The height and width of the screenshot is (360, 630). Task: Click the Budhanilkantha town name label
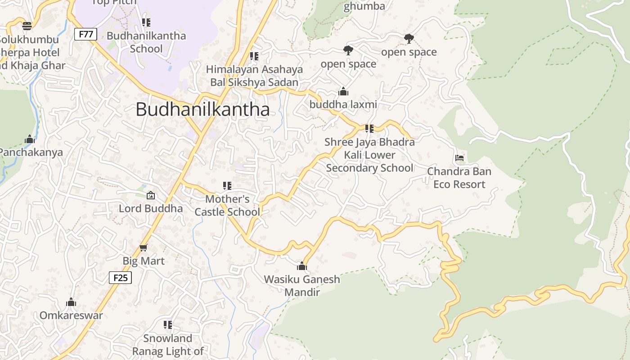click(x=202, y=109)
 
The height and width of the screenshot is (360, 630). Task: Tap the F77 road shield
click(x=85, y=34)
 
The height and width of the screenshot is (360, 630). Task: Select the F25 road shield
click(x=121, y=278)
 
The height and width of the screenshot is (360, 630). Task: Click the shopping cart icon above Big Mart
click(x=144, y=247)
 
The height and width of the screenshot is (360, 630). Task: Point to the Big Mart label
click(x=144, y=261)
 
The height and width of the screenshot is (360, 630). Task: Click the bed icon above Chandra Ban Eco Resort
click(x=459, y=158)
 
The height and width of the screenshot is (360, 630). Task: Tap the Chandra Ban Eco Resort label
click(x=459, y=178)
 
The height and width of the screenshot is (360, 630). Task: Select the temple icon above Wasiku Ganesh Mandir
click(x=302, y=266)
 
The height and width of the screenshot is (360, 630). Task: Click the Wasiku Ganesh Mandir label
click(x=302, y=285)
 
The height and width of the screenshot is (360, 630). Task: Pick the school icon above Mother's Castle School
click(x=227, y=185)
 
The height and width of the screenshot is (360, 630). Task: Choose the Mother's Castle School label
click(x=227, y=205)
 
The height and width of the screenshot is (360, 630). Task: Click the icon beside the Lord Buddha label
click(x=151, y=195)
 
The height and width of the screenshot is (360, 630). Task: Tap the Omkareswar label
click(x=71, y=315)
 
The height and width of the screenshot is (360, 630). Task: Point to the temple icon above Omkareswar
click(x=71, y=302)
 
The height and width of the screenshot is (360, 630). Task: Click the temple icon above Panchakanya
click(x=30, y=139)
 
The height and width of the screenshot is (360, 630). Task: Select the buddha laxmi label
click(x=343, y=105)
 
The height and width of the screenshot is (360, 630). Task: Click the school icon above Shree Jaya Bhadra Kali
click(x=369, y=129)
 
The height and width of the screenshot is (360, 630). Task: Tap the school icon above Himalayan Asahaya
click(x=254, y=56)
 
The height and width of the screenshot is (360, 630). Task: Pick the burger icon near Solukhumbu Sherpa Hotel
click(x=27, y=26)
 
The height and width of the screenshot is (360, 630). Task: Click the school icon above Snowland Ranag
click(x=168, y=324)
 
